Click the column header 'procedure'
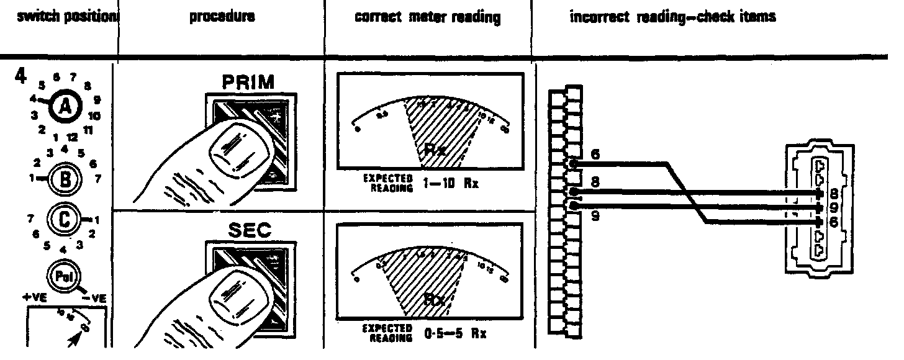[x=222, y=18]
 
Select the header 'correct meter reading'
[x=428, y=18]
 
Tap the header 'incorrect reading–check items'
[x=672, y=18]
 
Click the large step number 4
[x=20, y=77]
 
